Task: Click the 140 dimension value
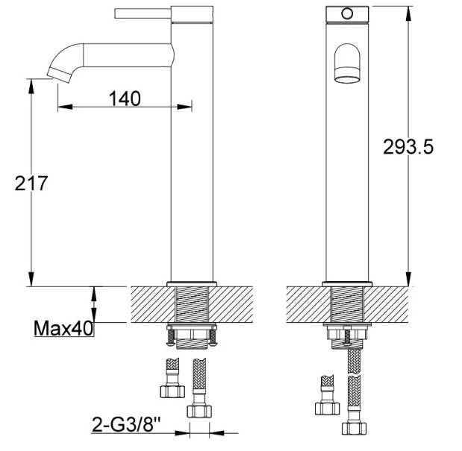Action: point(125,98)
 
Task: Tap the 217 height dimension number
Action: point(31,183)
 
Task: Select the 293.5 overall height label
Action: point(408,147)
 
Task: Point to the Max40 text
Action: point(63,328)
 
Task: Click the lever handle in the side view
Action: point(143,13)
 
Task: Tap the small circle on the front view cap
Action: point(347,13)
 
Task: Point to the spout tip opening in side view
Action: point(59,75)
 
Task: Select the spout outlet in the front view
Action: point(347,80)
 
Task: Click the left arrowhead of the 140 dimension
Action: point(65,107)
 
